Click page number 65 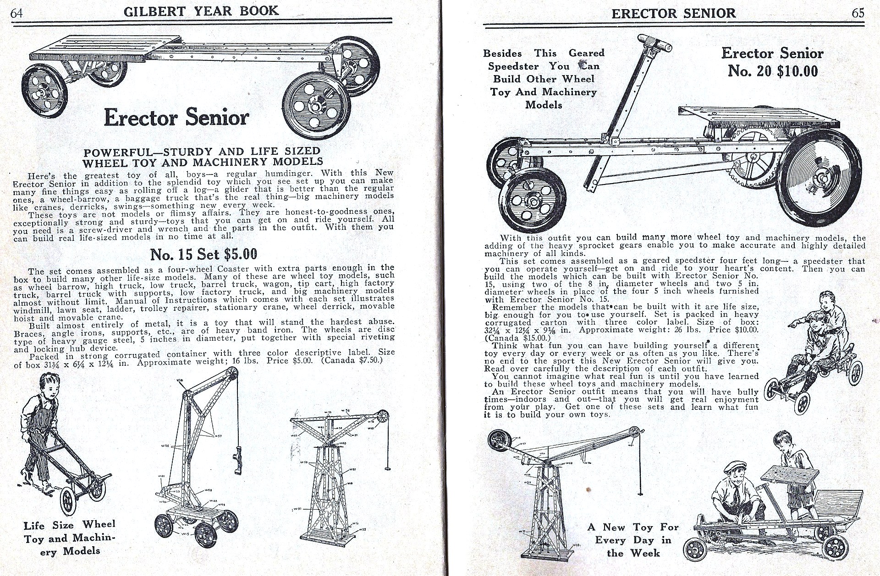tap(858, 13)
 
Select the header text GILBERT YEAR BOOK tap(201, 11)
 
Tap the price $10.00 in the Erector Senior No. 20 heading tap(797, 71)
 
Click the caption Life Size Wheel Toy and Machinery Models tap(69, 538)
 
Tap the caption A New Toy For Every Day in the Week tap(633, 540)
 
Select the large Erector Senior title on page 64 tap(176, 118)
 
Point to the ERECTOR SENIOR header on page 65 tap(673, 13)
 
